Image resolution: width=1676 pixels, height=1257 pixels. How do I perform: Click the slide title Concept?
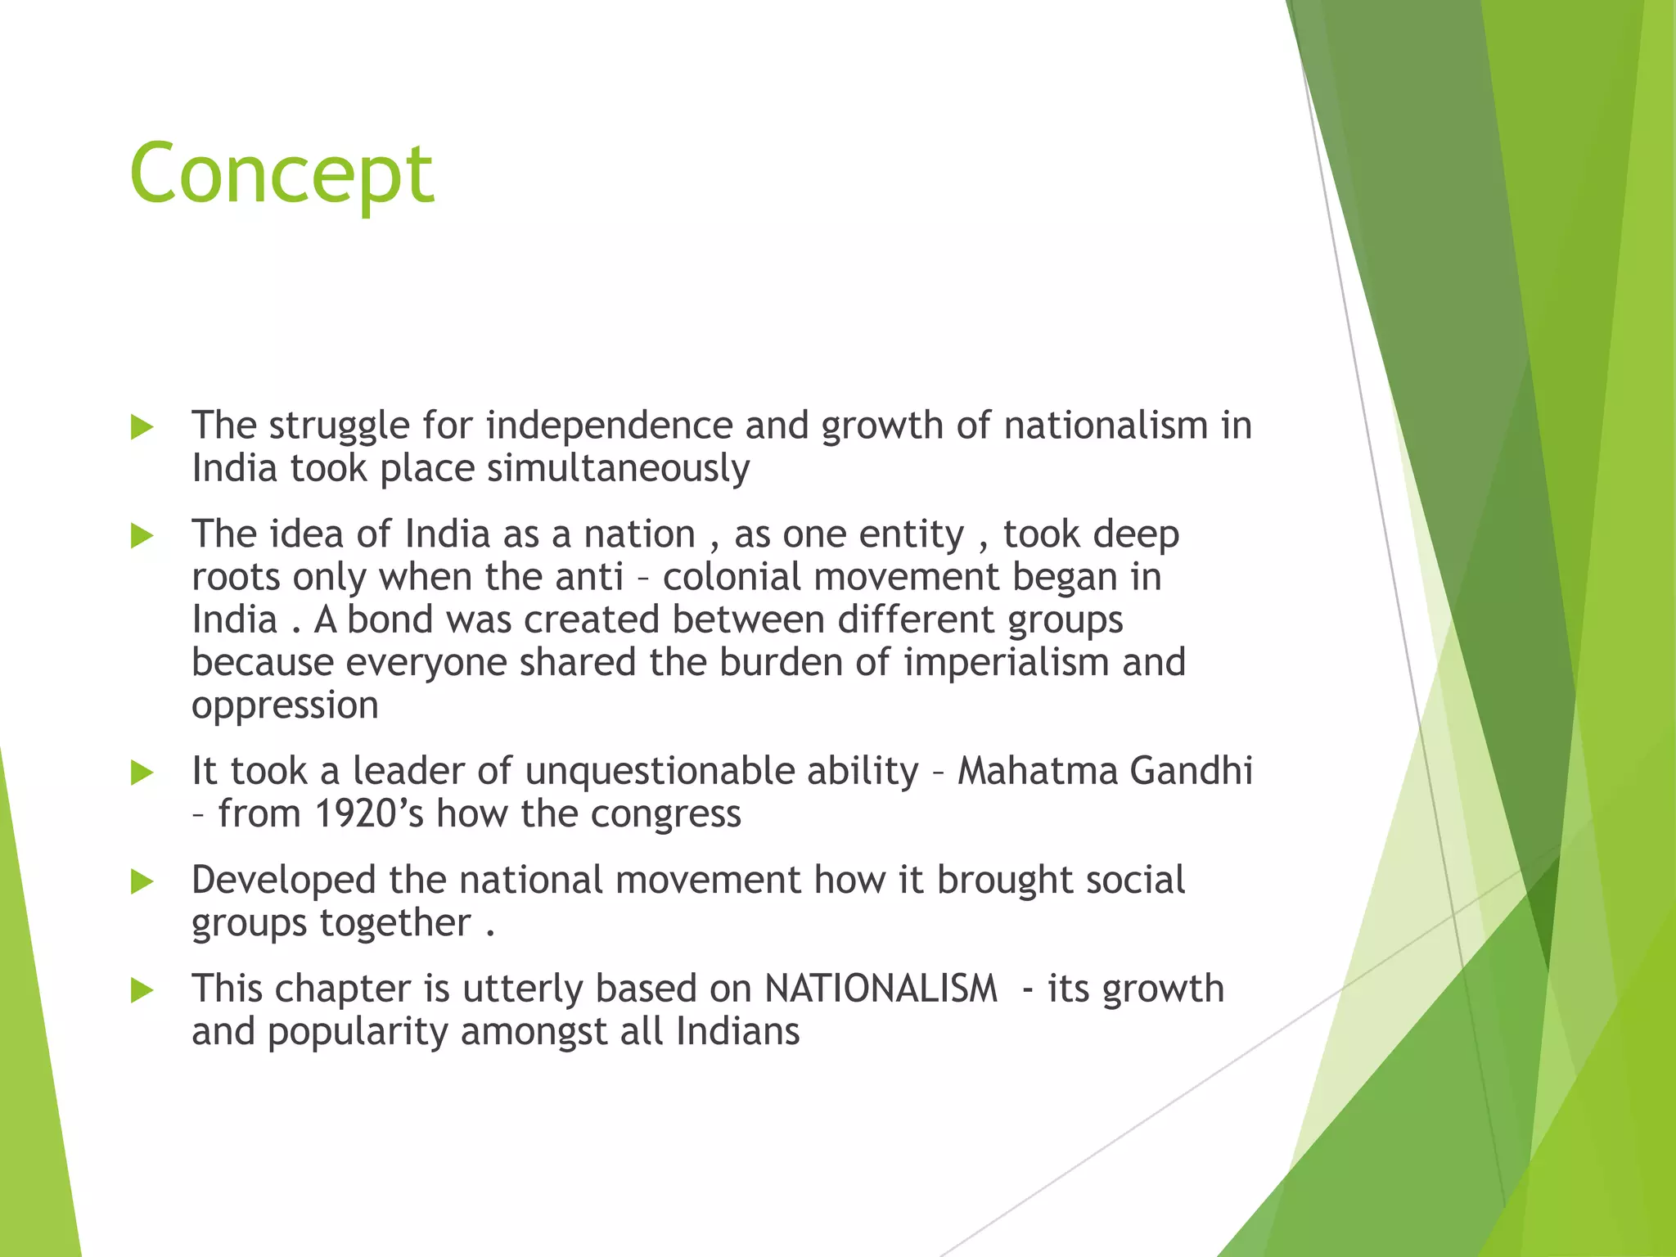coord(282,173)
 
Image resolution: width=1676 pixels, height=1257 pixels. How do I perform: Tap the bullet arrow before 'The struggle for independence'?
coord(142,427)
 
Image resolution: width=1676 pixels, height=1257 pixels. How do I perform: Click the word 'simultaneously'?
coord(618,469)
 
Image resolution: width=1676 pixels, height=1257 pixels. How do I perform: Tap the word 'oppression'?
coord(285,705)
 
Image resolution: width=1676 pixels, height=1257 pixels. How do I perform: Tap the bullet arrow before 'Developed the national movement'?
coord(142,881)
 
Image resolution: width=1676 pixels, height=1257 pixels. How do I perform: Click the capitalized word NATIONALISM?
coord(881,989)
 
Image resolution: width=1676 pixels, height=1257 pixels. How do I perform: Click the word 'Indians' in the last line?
coord(737,1031)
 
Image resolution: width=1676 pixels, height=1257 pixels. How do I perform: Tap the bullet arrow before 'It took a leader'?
coord(142,773)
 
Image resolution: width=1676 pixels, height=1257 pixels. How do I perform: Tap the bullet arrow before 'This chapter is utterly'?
coord(142,990)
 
